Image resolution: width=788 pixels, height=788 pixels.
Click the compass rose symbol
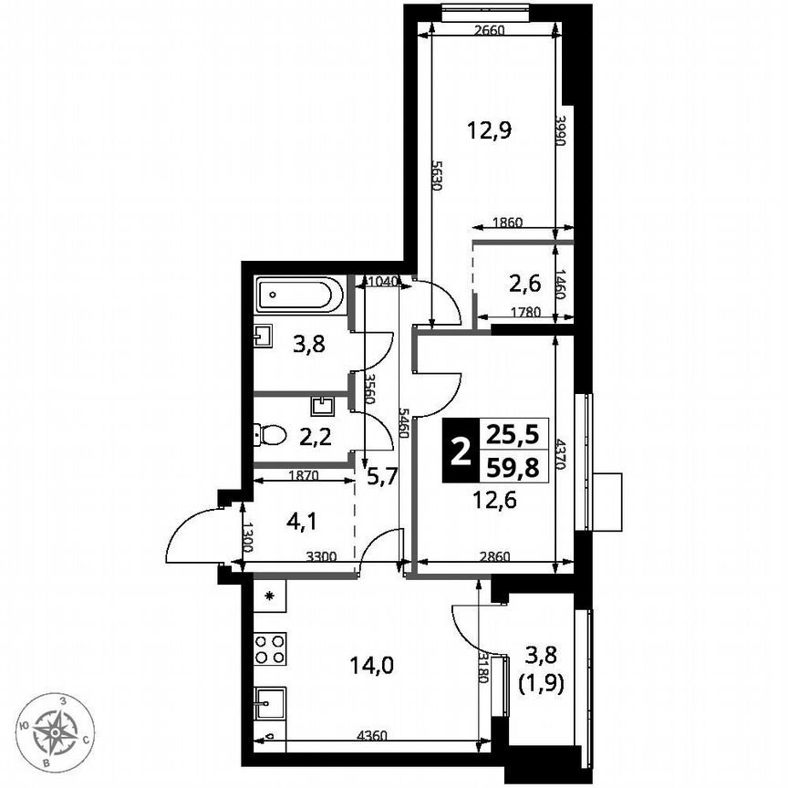(x=62, y=728)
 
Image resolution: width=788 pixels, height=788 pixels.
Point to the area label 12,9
(x=489, y=130)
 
